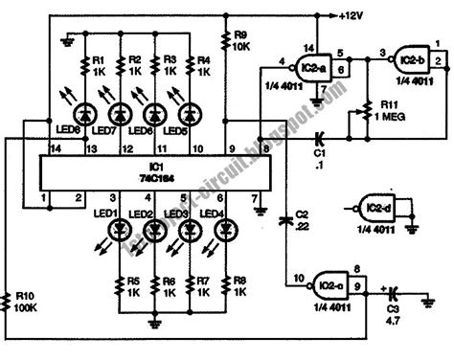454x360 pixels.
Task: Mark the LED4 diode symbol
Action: (224, 230)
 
